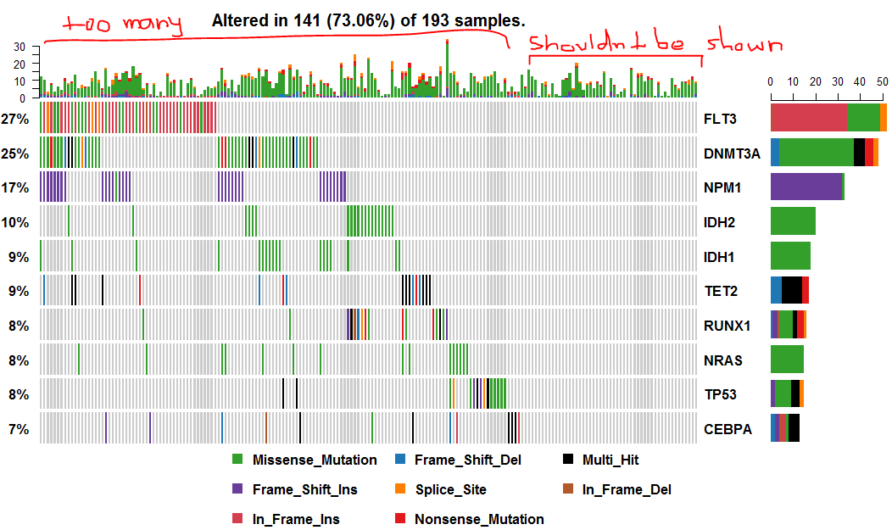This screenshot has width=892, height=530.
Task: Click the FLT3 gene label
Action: pyautogui.click(x=720, y=119)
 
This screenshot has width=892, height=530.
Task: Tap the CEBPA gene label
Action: pyautogui.click(x=728, y=429)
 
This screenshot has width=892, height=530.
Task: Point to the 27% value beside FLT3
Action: pyautogui.click(x=15, y=119)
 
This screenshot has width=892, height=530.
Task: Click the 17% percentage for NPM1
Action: pyautogui.click(x=15, y=187)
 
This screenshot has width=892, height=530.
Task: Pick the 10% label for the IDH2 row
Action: pyautogui.click(x=15, y=222)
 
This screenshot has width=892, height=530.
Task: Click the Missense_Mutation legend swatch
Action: pyautogui.click(x=237, y=460)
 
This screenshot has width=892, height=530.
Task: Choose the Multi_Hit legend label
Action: pyautogui.click(x=610, y=460)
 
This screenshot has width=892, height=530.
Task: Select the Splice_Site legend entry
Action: pyautogui.click(x=449, y=489)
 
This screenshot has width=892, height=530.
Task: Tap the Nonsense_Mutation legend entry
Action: pyautogui.click(x=478, y=519)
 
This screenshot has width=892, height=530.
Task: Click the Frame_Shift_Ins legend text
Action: pyautogui.click(x=304, y=489)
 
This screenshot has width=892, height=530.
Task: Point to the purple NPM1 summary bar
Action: pyautogui.click(x=806, y=187)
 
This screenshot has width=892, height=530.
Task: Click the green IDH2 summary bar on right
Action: pyautogui.click(x=793, y=221)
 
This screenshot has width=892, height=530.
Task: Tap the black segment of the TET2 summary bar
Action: pyautogui.click(x=792, y=290)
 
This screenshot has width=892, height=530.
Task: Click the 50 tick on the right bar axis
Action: pyautogui.click(x=882, y=82)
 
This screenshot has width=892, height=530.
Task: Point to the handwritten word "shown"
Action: pyautogui.click(x=745, y=43)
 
